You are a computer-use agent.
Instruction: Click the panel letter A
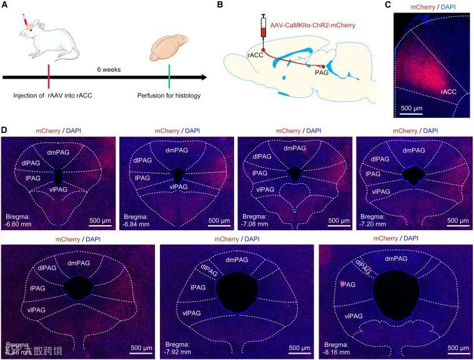click(5, 5)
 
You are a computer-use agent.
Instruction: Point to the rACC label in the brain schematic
click(255, 55)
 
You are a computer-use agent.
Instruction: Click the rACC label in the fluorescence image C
click(448, 92)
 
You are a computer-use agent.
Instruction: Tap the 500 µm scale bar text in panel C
click(411, 108)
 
